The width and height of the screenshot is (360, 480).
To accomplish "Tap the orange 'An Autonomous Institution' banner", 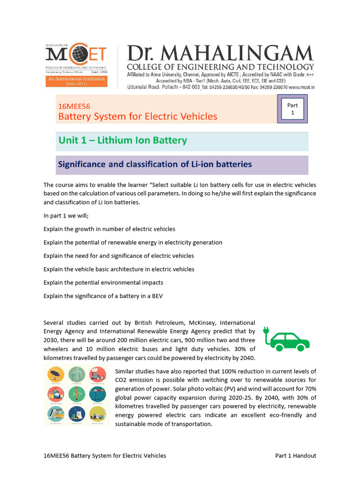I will coord(76,82).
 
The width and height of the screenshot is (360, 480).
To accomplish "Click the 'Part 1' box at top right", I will coord(292,109).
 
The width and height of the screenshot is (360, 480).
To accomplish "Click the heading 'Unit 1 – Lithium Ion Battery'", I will coord(122,140).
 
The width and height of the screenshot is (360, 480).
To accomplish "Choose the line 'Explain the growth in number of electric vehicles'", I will coord(109,229).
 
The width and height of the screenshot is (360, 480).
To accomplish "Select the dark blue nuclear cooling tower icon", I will coord(76,414).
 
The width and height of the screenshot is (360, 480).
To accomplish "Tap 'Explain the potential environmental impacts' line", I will coord(103,283).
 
